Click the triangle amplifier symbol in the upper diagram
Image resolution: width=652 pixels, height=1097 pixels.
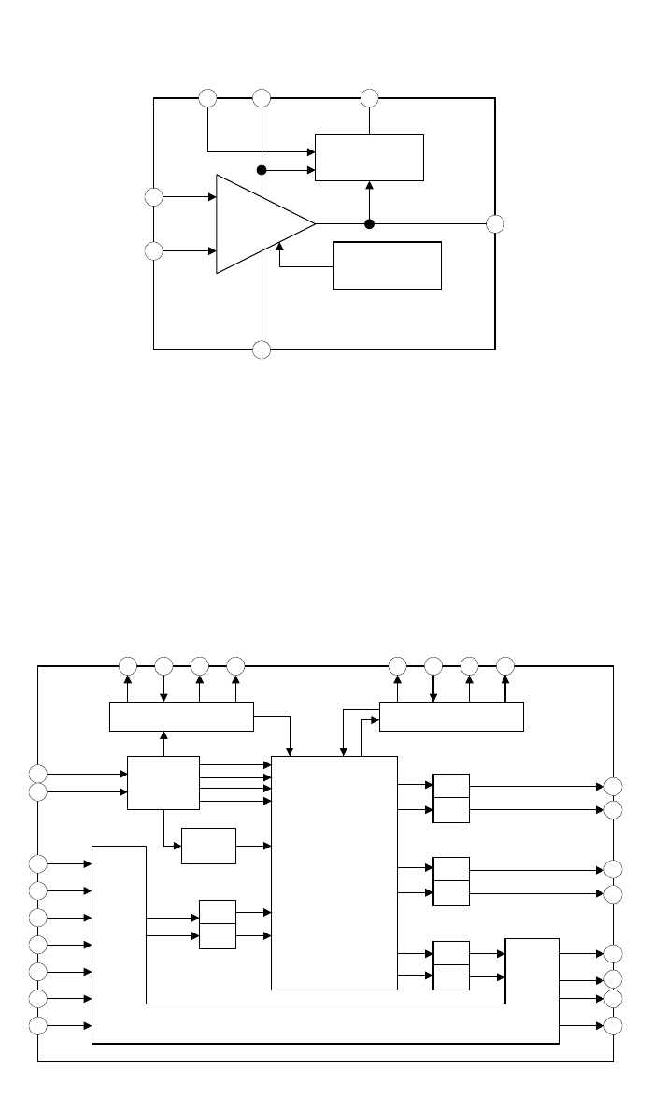click(261, 224)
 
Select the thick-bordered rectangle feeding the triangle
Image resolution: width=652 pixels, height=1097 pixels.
click(387, 265)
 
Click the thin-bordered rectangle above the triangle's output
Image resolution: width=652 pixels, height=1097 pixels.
click(369, 157)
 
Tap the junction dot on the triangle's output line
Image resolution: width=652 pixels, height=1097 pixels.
click(369, 224)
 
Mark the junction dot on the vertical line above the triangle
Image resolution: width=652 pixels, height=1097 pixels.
click(262, 171)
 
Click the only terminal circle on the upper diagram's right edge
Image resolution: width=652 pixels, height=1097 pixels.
click(495, 224)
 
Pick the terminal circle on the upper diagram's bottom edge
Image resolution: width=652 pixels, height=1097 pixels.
click(262, 349)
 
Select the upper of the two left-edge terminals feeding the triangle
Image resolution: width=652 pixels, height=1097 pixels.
click(153, 197)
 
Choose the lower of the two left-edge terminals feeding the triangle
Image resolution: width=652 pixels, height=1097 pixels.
click(153, 251)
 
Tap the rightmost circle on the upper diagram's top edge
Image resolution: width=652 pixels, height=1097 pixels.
click(369, 97)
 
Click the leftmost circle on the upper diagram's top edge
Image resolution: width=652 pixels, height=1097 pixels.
click(207, 97)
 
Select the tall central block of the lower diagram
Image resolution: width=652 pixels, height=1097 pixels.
click(333, 872)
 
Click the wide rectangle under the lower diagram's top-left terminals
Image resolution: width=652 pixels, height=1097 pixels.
click(181, 717)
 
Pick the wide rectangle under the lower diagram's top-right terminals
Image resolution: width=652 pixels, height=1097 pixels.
click(451, 717)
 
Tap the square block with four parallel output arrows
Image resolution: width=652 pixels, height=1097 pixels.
click(163, 783)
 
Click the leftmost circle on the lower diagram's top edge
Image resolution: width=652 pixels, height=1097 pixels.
click(128, 666)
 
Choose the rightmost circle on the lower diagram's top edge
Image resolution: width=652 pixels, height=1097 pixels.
click(505, 666)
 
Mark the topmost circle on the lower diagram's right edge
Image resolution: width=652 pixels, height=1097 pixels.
click(613, 787)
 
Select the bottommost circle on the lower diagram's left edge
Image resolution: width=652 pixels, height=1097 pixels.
click(37, 1026)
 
